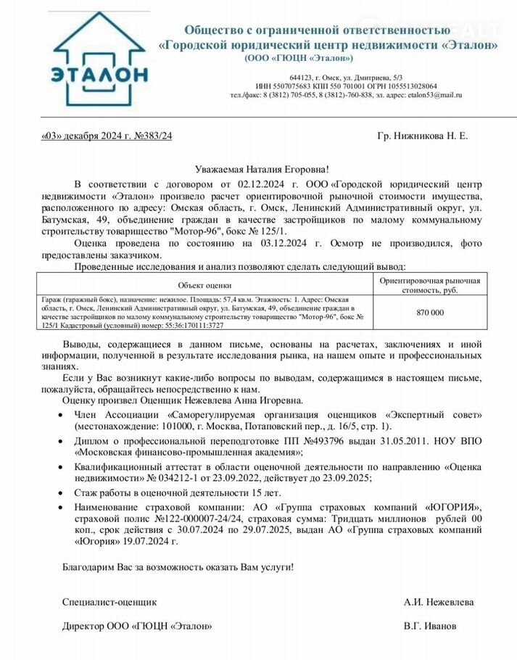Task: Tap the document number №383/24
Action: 154,136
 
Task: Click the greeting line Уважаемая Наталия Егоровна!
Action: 257,168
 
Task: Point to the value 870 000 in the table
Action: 431,312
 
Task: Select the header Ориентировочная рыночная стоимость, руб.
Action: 431,285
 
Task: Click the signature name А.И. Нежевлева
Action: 439,602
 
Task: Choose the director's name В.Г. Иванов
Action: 430,626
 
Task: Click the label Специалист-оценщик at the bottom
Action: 109,602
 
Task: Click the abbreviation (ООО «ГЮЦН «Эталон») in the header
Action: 299,58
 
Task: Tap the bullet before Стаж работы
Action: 59,492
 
